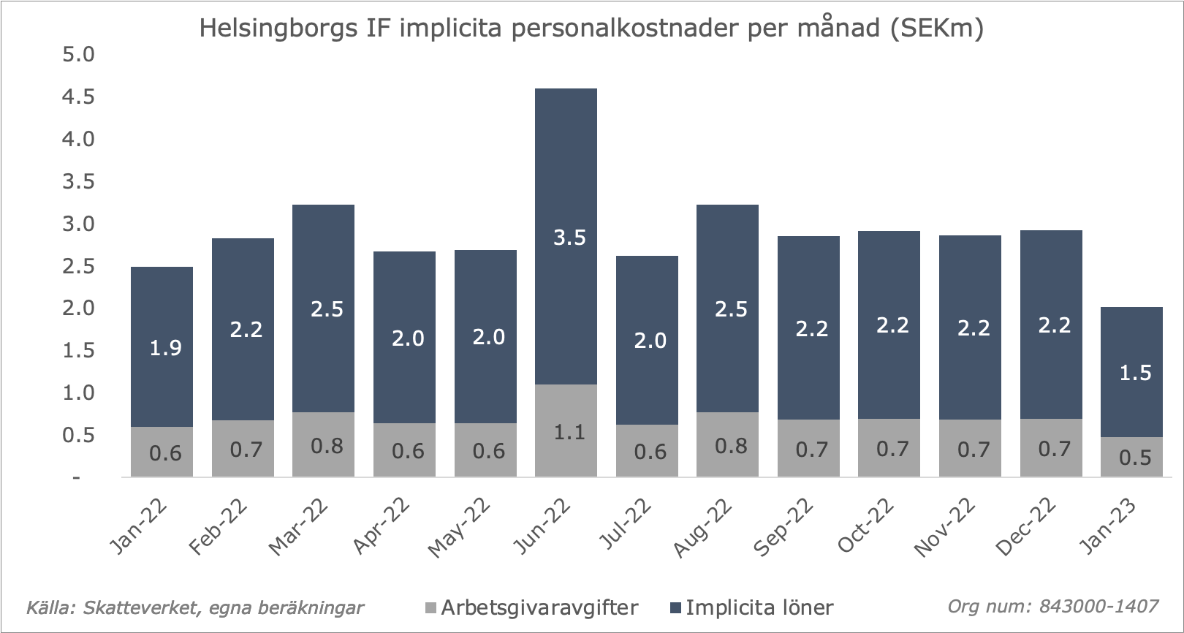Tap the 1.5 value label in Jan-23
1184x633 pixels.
(1135, 373)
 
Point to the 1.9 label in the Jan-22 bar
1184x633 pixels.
(165, 348)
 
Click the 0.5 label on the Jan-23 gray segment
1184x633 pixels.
(1135, 458)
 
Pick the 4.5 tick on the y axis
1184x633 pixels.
(78, 97)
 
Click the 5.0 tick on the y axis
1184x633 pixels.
(78, 55)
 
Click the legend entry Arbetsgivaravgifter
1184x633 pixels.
(539, 607)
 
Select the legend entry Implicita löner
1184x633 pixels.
(759, 607)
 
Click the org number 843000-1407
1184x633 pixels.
(1098, 606)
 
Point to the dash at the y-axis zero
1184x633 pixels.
(76, 478)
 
